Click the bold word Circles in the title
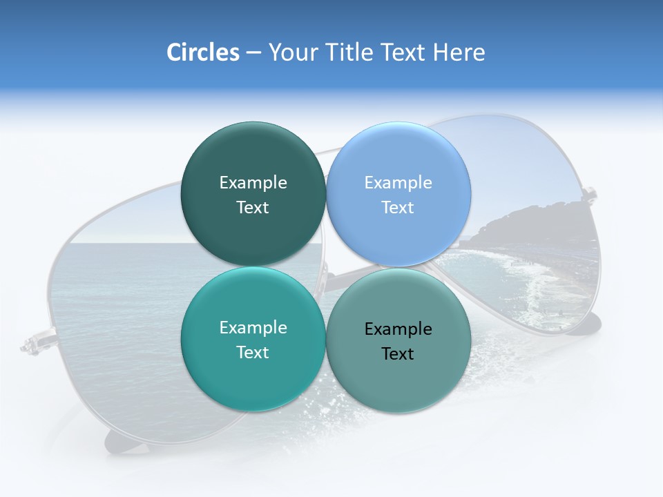pos(202,52)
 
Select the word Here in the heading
pos(459,52)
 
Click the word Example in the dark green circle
pos(253,183)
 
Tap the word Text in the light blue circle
pos(398,208)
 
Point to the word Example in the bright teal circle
pos(253,328)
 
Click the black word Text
pos(398,354)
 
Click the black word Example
pos(398,329)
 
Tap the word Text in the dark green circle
pos(253,208)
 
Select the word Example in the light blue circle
pos(398,183)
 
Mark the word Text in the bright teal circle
pos(253,353)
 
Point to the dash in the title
pos(253,53)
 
